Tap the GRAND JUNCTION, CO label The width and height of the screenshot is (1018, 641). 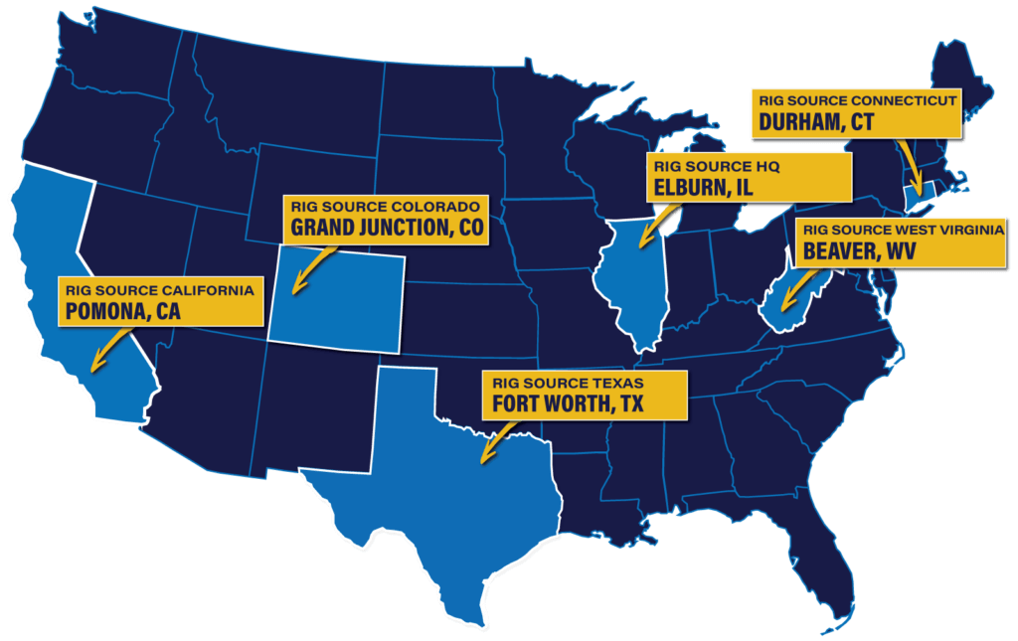pos(387,227)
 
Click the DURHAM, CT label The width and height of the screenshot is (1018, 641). pos(816,121)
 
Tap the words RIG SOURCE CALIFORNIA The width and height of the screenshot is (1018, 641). pos(159,290)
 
